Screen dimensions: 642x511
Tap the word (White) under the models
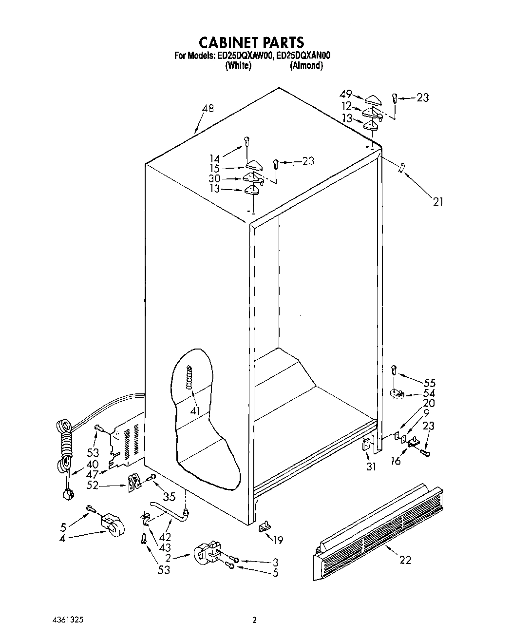tap(238, 66)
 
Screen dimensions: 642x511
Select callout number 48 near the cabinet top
tap(208, 109)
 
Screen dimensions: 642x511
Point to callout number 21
tap(437, 201)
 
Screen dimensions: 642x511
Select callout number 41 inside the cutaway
tap(195, 411)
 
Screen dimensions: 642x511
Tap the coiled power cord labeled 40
tap(65, 446)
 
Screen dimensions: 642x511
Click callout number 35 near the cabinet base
tap(169, 497)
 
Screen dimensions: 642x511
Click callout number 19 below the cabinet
tap(278, 540)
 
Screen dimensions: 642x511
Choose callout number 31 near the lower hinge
tap(371, 467)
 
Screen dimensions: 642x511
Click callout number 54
tap(429, 393)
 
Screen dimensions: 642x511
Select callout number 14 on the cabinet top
tap(215, 158)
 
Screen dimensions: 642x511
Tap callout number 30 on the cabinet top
tap(214, 178)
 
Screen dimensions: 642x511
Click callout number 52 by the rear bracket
tap(92, 485)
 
